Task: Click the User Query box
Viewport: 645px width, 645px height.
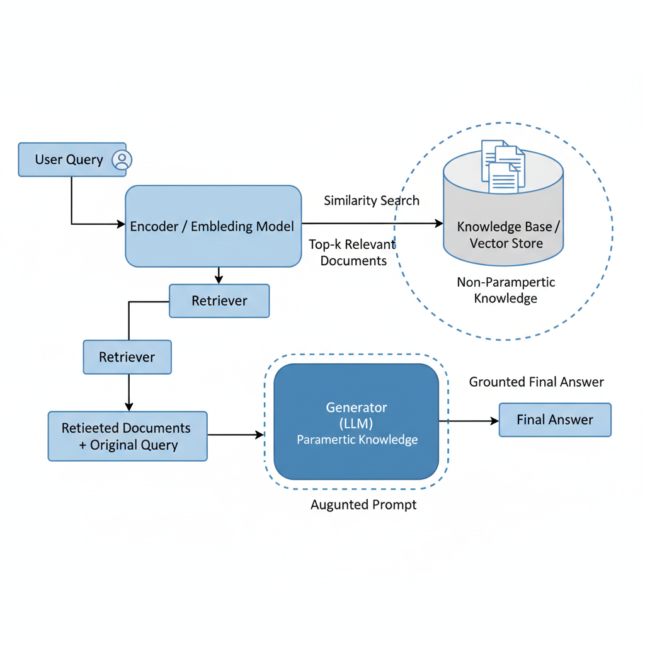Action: pyautogui.click(x=69, y=159)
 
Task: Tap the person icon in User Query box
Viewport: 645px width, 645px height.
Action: pyautogui.click(x=122, y=160)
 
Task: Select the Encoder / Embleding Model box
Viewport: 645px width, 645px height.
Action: pyautogui.click(x=213, y=226)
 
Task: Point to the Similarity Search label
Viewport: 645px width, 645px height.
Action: pyautogui.click(x=372, y=201)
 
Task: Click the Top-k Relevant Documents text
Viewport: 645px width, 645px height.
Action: pyautogui.click(x=353, y=252)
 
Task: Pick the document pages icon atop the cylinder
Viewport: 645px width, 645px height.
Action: pyautogui.click(x=502, y=166)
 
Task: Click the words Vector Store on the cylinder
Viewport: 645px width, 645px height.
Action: pyautogui.click(x=506, y=243)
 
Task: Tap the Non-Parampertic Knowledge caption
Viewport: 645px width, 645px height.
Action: pyautogui.click(x=506, y=290)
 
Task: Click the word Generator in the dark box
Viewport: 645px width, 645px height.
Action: pyautogui.click(x=357, y=407)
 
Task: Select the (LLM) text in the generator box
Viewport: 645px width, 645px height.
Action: pyautogui.click(x=357, y=423)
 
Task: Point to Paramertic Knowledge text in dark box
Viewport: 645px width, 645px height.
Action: pyautogui.click(x=357, y=440)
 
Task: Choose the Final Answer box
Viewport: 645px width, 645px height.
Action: pyautogui.click(x=555, y=420)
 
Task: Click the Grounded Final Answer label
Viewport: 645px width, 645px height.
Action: pyautogui.click(x=536, y=382)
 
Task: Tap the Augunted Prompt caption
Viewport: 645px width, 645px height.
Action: pyautogui.click(x=363, y=505)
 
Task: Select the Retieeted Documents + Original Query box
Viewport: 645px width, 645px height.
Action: pyautogui.click(x=127, y=436)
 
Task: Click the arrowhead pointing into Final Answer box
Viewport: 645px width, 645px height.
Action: pyautogui.click(x=494, y=421)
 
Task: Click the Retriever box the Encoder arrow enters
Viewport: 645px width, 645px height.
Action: pyautogui.click(x=219, y=300)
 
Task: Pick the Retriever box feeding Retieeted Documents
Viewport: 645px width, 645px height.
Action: pyautogui.click(x=127, y=357)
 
